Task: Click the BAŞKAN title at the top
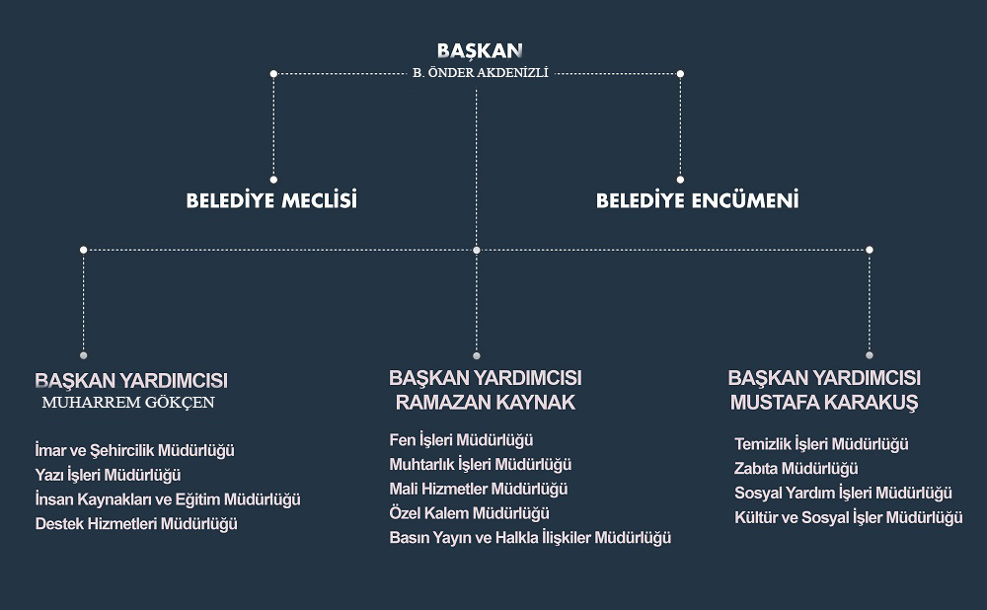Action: (x=480, y=50)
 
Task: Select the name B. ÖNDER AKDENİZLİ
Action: (x=481, y=73)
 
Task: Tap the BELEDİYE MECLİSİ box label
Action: (x=271, y=200)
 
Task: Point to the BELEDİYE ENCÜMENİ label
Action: (x=698, y=200)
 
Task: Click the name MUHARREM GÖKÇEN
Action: (x=128, y=403)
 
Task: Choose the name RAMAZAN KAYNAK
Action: (x=486, y=403)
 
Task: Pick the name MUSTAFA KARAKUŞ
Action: (x=824, y=403)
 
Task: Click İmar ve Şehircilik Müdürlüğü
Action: (x=134, y=451)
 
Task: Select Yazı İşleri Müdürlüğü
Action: (x=109, y=475)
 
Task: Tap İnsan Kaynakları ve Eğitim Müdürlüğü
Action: (x=168, y=499)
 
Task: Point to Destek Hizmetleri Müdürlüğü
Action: (x=136, y=524)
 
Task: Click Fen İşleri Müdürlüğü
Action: (x=461, y=440)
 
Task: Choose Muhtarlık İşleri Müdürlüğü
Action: (x=481, y=465)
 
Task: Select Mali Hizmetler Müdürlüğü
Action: (x=479, y=490)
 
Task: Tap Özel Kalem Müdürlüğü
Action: (x=470, y=513)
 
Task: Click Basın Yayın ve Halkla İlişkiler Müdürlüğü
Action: (x=530, y=538)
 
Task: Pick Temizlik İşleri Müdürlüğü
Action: (x=821, y=444)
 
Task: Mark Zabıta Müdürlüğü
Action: (x=797, y=469)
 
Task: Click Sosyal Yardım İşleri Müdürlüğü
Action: (x=844, y=493)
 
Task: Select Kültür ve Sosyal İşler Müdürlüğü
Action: (x=849, y=517)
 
